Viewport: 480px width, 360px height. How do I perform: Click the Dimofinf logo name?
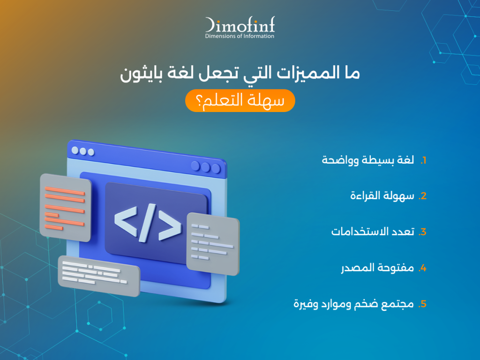(240, 25)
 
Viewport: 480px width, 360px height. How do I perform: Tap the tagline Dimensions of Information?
(240, 36)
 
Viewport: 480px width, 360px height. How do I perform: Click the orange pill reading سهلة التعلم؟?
(240, 102)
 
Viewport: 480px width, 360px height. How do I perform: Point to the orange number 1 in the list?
(423, 161)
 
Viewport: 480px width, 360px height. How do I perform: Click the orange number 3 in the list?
(422, 232)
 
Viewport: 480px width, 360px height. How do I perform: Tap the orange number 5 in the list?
(422, 304)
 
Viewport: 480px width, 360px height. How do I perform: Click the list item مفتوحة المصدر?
(377, 269)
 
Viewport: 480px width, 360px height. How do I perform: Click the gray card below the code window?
(98, 275)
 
